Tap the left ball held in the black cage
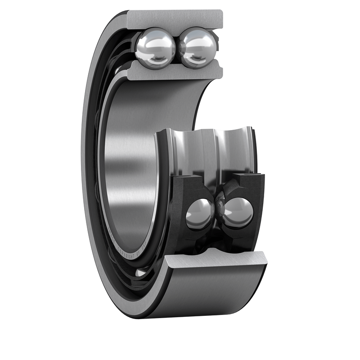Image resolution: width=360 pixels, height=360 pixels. (200, 214)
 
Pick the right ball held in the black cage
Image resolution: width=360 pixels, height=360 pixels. (238, 212)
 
